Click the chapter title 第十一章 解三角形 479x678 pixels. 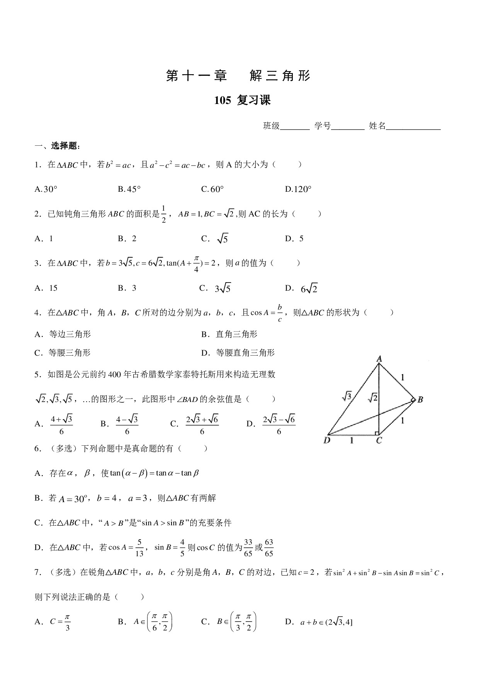tap(238, 76)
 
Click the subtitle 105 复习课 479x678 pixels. tap(243, 101)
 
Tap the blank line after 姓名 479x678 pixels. tap(413, 126)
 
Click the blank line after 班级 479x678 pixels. tap(295, 126)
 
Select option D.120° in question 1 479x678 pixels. tap(298, 189)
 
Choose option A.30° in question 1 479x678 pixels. tap(46, 189)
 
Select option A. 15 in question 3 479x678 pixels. tap(46, 288)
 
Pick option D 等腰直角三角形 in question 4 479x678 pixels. tap(238, 353)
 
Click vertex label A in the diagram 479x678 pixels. tap(379, 359)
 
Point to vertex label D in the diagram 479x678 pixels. tap(327, 440)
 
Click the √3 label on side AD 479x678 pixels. tap(347, 395)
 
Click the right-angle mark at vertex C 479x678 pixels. tap(376, 432)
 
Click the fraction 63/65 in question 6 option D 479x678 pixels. tap(269, 548)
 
